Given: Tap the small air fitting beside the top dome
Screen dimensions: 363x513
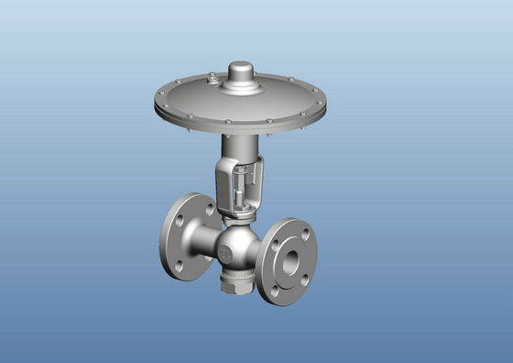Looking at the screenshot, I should click(x=212, y=80).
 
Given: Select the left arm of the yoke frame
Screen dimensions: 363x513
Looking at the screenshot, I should click(x=223, y=188).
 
